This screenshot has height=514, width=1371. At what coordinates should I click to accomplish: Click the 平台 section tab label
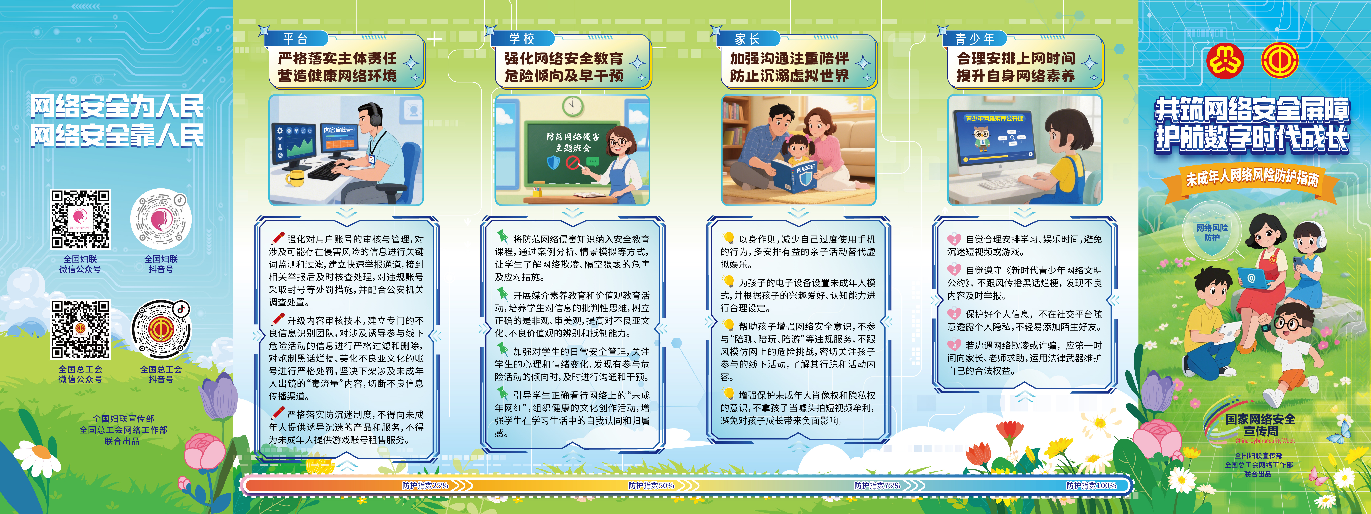click(295, 39)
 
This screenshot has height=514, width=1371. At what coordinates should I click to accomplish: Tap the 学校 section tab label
click(521, 39)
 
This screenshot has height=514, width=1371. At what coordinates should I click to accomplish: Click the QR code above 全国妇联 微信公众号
click(80, 219)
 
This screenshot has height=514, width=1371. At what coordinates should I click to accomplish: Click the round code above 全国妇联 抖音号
click(161, 219)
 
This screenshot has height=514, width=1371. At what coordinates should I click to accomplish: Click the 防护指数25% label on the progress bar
click(425, 485)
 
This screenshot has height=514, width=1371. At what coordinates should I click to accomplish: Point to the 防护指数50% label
click(651, 485)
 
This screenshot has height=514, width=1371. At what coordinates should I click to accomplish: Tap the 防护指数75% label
click(877, 485)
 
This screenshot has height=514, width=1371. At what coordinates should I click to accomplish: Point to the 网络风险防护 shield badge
click(1212, 233)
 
